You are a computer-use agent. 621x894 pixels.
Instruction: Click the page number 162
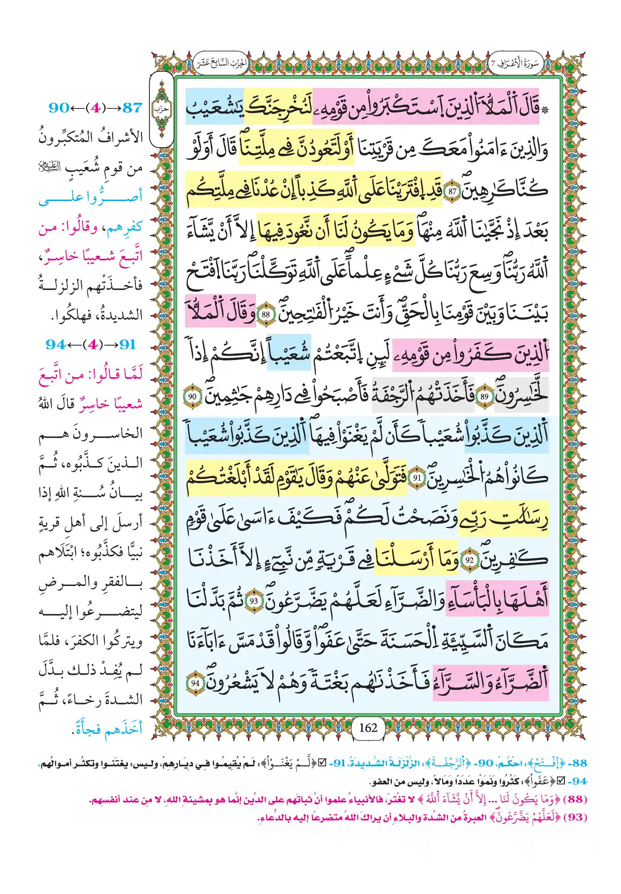pos(368,728)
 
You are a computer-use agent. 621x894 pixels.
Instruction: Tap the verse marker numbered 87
pos(452,191)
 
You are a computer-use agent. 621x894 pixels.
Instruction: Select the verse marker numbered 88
pos(266,315)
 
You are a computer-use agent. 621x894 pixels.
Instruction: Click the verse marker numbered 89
pos(484,397)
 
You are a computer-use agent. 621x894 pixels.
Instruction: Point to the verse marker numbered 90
pos(192,397)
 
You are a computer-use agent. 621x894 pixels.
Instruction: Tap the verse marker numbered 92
pos(469,560)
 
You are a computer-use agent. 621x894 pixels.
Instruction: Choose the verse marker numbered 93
pos(254,601)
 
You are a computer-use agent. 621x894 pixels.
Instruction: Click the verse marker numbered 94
pos(195,683)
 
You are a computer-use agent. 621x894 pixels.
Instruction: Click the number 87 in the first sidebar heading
pos(132,108)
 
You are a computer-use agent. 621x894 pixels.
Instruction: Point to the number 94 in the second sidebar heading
pos(56,345)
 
